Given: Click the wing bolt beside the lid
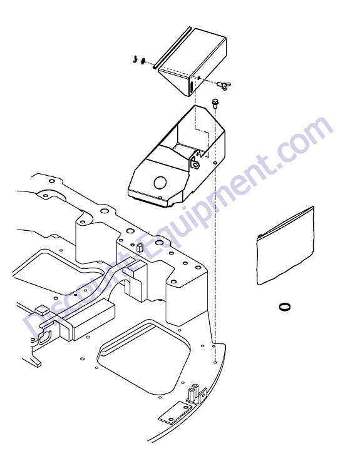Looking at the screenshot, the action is click(x=224, y=85).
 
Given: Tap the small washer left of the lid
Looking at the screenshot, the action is click(x=143, y=61).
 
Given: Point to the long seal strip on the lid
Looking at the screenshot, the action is click(x=172, y=48).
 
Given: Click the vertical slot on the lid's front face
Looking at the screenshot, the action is click(x=191, y=87).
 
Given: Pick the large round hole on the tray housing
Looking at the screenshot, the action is click(x=160, y=182).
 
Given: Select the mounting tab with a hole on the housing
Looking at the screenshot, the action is click(x=195, y=163).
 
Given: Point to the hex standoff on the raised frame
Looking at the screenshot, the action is click(x=140, y=248).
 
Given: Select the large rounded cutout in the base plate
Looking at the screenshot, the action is click(x=143, y=357).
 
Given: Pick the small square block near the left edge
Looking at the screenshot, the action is click(x=41, y=310).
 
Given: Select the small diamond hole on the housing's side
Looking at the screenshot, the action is click(x=215, y=162).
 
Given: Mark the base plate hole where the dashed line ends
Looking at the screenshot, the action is click(x=215, y=362).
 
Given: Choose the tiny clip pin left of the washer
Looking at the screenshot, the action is click(x=135, y=59).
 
